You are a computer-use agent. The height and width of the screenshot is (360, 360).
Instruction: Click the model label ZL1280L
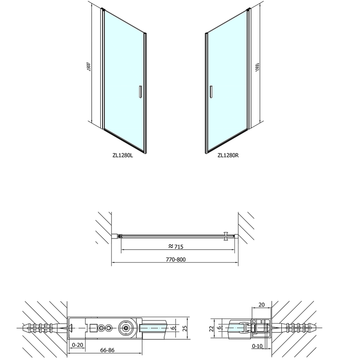coord(122,155)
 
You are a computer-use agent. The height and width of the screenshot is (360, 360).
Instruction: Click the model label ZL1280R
coord(228,155)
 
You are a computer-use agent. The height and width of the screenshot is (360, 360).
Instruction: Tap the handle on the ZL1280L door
coord(140,92)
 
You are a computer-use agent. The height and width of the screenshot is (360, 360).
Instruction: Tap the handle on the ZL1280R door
coord(211,92)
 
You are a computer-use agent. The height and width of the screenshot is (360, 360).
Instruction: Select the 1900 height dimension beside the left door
coord(89,67)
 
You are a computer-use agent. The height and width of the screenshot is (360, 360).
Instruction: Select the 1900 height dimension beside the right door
coord(257,67)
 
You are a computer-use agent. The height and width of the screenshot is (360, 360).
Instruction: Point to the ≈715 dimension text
coord(175,246)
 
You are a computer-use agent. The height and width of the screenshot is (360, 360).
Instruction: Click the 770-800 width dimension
coord(175,260)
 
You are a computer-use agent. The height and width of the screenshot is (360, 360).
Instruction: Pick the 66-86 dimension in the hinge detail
coord(107,350)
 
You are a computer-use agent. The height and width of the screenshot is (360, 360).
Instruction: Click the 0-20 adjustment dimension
coord(77,345)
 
